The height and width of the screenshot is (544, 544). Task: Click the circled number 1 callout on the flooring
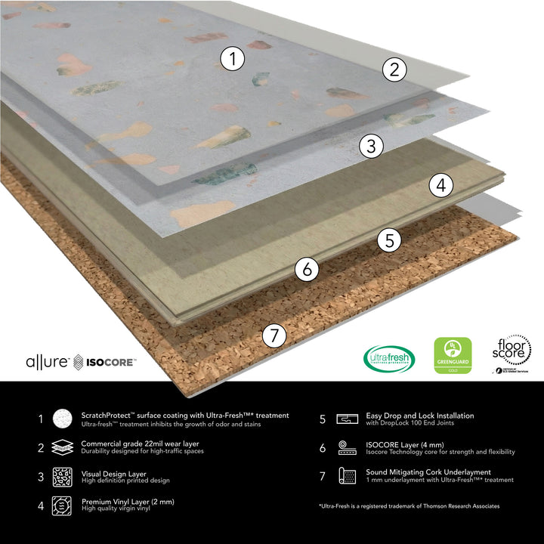(233, 58)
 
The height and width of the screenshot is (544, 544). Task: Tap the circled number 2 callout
(394, 70)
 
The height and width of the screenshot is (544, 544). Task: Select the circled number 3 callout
(370, 146)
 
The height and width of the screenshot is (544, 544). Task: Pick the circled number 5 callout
(389, 241)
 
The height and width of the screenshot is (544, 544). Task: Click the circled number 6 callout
(306, 268)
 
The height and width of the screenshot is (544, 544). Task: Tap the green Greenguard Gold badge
(453, 356)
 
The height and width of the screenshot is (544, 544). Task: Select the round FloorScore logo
(512, 352)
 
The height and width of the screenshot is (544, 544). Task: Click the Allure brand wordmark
(47, 362)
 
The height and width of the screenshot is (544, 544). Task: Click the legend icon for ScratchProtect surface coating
(62, 419)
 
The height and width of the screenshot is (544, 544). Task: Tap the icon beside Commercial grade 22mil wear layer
(62, 448)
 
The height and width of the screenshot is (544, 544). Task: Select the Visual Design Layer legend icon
(62, 477)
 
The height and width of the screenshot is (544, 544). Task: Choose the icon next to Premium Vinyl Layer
(62, 505)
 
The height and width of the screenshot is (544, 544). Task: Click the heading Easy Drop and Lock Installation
(420, 416)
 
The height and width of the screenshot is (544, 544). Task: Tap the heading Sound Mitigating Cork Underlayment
(428, 472)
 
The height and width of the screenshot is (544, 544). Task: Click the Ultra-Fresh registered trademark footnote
(409, 505)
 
